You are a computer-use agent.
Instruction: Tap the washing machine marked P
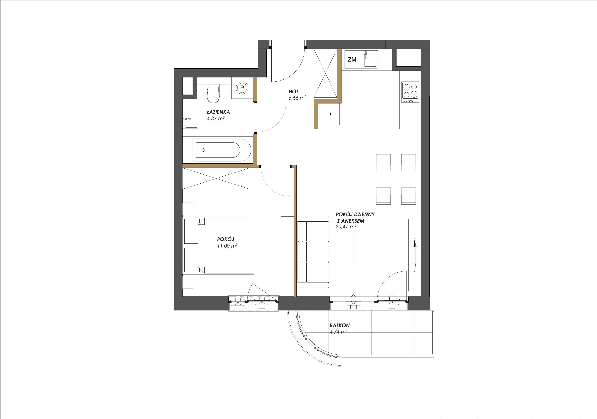click(242, 88)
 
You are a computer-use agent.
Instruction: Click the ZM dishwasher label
click(352, 60)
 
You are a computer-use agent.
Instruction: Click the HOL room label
click(294, 92)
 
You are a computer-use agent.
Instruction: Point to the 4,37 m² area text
click(216, 119)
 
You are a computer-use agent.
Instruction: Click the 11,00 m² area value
click(227, 246)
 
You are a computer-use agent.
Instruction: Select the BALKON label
click(340, 325)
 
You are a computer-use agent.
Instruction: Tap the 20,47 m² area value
click(346, 226)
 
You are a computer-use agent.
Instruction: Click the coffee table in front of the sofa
click(345, 252)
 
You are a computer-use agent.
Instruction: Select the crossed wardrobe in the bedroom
click(216, 179)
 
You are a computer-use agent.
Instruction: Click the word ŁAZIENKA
click(218, 112)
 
